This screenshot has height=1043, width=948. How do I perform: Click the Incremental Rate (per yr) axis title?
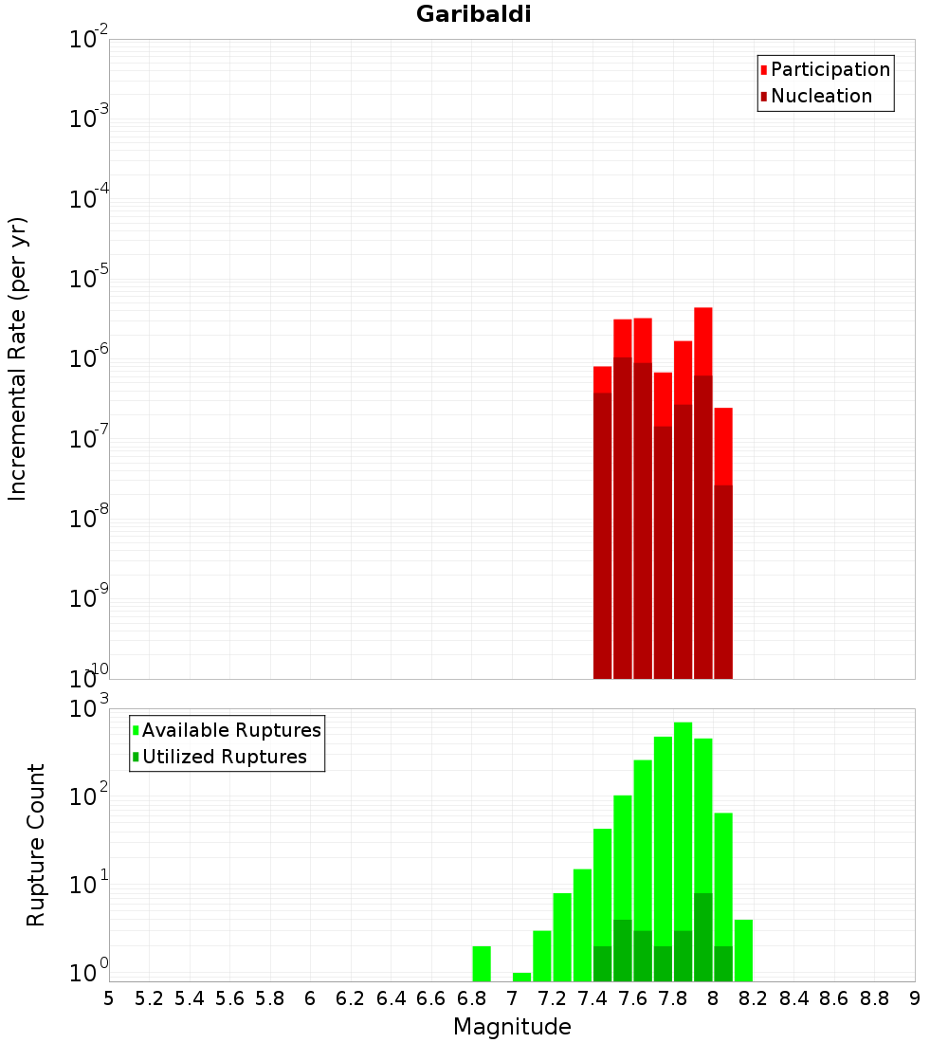coord(18,358)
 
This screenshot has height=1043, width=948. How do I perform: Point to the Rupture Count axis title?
coord(36,845)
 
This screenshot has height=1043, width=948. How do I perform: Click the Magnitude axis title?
coord(512,1027)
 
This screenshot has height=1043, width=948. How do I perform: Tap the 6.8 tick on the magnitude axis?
coord(471,998)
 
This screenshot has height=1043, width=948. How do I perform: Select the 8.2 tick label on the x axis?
coord(754,998)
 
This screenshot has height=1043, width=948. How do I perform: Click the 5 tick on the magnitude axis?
coord(109,998)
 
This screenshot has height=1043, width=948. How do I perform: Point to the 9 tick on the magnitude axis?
coord(915,998)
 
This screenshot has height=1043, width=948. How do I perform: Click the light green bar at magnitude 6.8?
coord(482,963)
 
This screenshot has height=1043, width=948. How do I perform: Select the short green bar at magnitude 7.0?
coord(521,977)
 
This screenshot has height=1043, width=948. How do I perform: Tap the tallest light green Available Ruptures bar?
coord(683,806)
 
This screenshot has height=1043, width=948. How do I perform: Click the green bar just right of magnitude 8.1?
coord(743,950)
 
